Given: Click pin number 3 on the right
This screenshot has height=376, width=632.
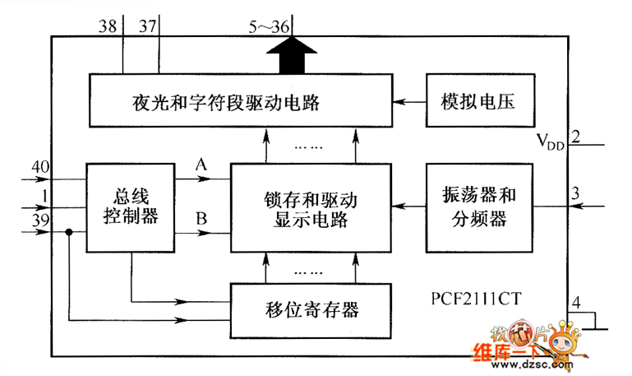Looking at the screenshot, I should point(576,193).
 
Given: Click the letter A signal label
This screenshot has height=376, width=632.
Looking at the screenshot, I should point(201,165).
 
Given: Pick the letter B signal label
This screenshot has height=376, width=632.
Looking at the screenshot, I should point(201,220).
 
